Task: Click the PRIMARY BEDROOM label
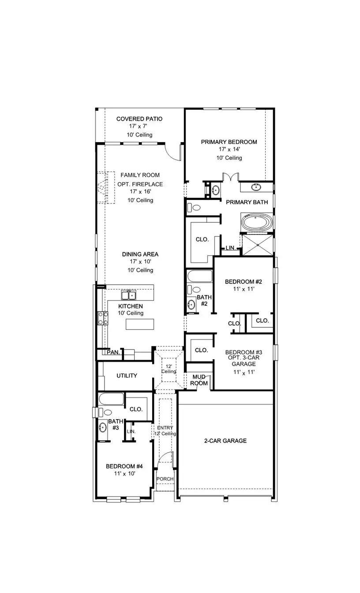click(229, 142)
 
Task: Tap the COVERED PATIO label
click(139, 119)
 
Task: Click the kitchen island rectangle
click(140, 324)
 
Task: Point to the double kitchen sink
click(129, 295)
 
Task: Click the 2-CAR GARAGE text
click(225, 441)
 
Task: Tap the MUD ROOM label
click(199, 380)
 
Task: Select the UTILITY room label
click(127, 376)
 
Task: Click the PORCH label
click(165, 479)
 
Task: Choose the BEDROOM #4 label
click(124, 466)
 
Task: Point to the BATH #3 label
click(115, 425)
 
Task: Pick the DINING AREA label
click(141, 255)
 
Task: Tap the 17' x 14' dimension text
click(229, 150)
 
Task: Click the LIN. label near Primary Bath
click(230, 248)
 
